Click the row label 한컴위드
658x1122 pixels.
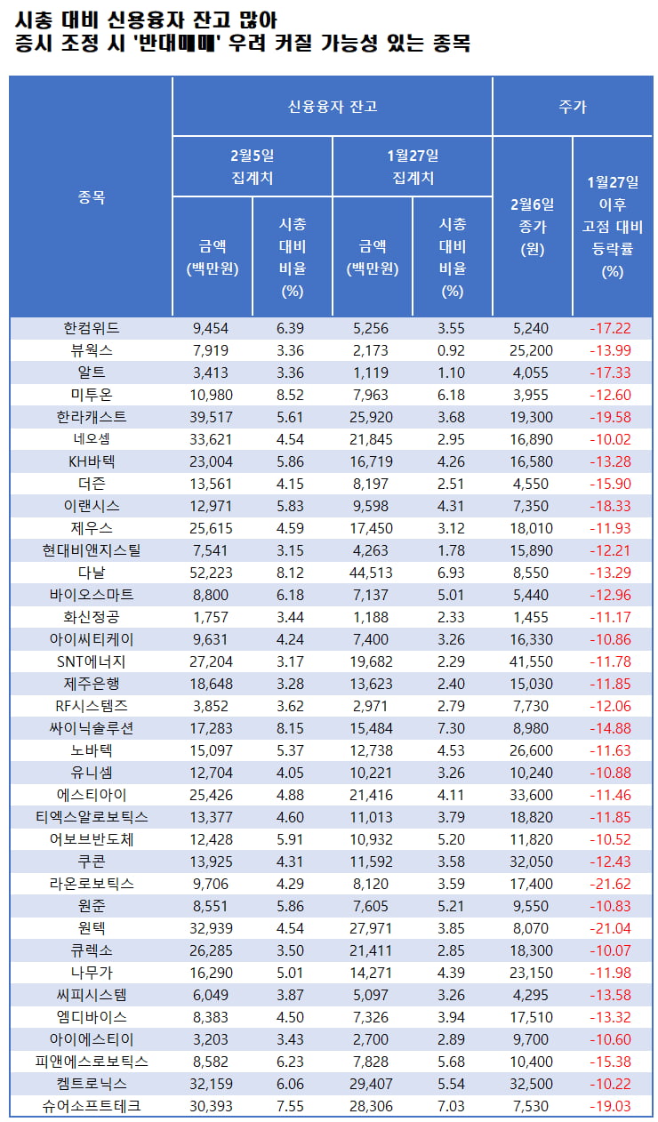click(x=92, y=328)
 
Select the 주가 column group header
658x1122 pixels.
click(x=572, y=107)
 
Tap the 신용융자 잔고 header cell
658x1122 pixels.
click(x=332, y=107)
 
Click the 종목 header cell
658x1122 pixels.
click(x=92, y=197)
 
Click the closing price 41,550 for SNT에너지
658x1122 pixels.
click(x=532, y=661)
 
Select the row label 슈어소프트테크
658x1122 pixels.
click(x=92, y=1106)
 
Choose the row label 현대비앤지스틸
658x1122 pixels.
click(x=92, y=550)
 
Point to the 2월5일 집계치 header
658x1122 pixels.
click(x=252, y=166)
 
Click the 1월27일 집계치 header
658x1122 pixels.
click(x=413, y=166)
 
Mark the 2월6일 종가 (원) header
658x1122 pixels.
click(x=532, y=227)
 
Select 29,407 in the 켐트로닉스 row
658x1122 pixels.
click(x=371, y=1084)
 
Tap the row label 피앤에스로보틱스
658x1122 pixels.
click(x=92, y=1062)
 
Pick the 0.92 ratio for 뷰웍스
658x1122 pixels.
click(x=452, y=350)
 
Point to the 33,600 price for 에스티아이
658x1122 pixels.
click(x=532, y=795)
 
